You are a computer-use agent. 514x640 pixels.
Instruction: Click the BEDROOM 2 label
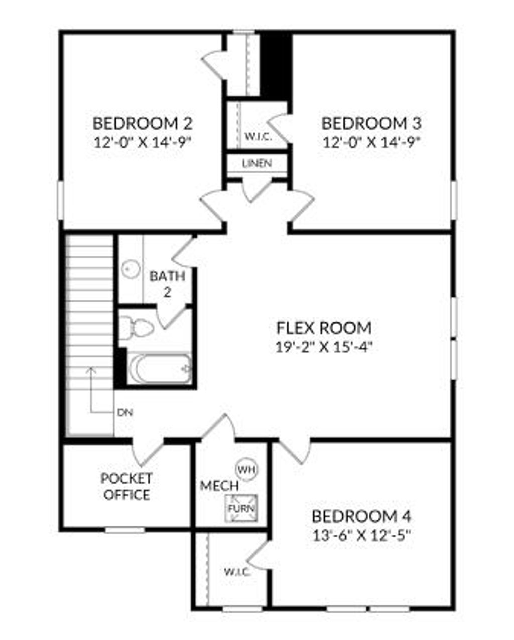143,123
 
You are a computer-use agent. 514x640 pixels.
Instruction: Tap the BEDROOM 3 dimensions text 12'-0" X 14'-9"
371,142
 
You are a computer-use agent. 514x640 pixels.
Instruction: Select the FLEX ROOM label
324,328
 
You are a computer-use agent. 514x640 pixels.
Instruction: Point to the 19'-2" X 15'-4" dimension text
324,347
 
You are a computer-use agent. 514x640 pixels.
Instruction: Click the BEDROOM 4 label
361,516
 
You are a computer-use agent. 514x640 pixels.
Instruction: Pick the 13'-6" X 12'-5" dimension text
361,535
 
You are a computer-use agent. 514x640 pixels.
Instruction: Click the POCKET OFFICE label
126,486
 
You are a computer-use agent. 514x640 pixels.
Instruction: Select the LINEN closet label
257,163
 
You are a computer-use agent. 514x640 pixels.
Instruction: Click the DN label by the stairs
124,413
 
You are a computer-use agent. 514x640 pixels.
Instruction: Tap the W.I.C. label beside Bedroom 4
237,571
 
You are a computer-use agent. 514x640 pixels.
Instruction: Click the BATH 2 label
167,283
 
